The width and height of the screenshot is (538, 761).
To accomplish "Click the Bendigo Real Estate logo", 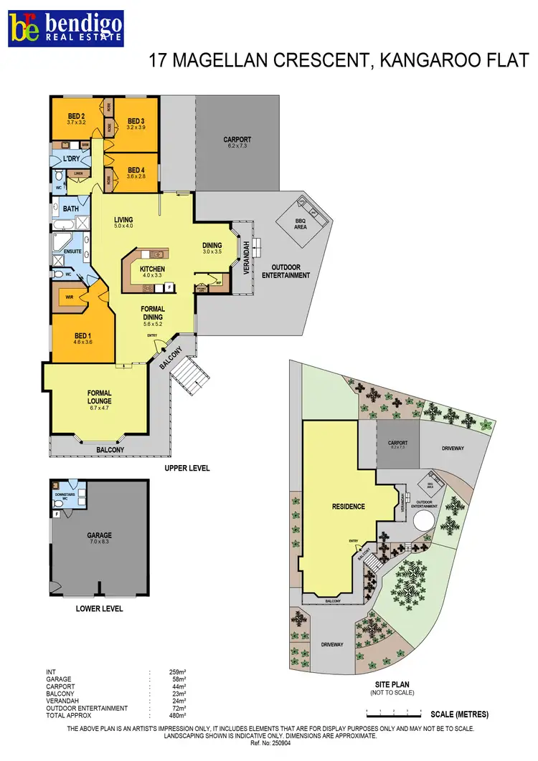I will point(65,27).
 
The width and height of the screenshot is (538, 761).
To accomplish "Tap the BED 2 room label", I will point(77,116).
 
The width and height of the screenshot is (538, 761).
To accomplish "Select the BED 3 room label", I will point(136,120).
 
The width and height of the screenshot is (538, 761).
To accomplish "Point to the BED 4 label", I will point(136,169).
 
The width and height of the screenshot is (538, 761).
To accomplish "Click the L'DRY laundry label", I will point(72,158).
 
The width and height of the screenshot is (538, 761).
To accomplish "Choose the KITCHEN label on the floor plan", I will point(152,269).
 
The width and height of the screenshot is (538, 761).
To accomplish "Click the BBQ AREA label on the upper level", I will point(301,224).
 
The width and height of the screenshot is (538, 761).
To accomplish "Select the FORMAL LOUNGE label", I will point(99,397).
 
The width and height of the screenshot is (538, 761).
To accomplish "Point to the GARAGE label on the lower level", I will point(100,535).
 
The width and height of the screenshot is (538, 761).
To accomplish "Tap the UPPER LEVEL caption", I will point(186,468).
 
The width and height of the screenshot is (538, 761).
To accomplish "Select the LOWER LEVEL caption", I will point(99,609).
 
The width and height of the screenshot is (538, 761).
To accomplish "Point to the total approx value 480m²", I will point(176,715).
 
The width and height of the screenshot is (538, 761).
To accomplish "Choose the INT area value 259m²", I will point(176,672).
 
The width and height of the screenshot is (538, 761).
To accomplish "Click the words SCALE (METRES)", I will point(460,714).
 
